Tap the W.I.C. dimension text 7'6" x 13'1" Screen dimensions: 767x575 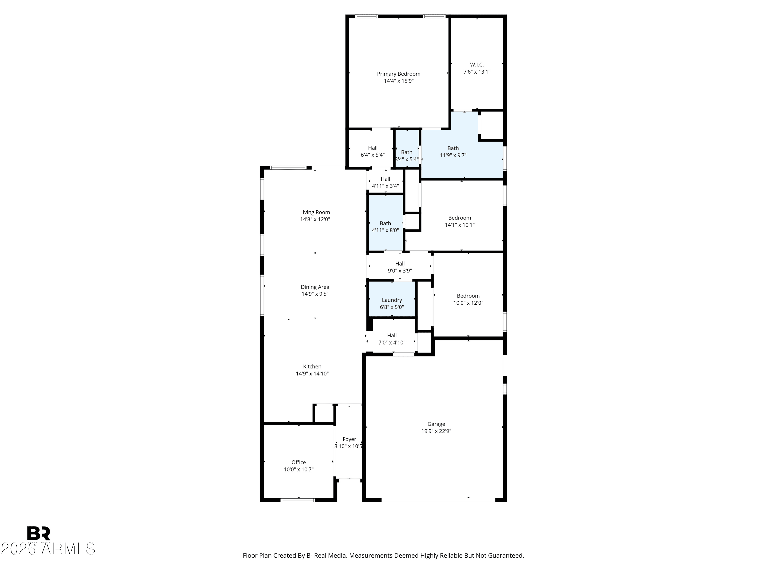coord(477,72)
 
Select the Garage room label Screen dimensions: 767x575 coord(436,424)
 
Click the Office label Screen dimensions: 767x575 coord(299,462)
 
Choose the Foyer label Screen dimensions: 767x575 coord(349,439)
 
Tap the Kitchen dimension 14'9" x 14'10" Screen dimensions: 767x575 coord(312,374)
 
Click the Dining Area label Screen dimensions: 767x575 coord(315,287)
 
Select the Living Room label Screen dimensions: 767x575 coord(315,212)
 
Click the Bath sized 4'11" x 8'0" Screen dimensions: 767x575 coord(385,223)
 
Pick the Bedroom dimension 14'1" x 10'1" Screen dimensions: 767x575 coord(459,225)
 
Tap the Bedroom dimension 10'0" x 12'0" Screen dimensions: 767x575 coord(468,303)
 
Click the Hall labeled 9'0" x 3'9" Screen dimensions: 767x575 coord(400,267)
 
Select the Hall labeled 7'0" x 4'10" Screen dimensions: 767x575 coord(392,339)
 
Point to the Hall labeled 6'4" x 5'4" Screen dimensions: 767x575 coord(373,151)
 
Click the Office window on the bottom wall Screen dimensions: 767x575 coord(298,500)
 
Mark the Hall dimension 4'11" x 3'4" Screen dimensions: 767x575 coord(385,186)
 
